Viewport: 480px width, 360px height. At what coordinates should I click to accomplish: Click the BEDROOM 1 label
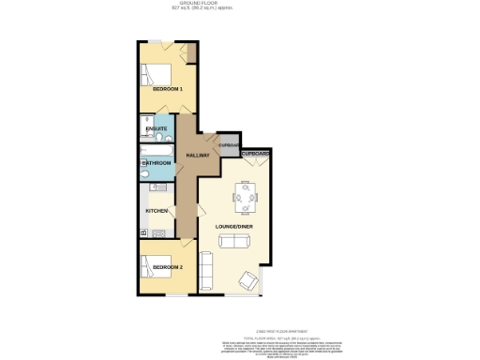[x=167, y=89]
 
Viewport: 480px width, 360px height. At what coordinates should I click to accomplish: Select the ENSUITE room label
[x=157, y=128]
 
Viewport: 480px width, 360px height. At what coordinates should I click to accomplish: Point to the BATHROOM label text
[x=157, y=163]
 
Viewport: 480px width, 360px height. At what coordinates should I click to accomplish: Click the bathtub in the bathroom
[x=156, y=149]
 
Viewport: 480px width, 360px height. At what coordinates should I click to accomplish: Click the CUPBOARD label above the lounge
[x=256, y=153]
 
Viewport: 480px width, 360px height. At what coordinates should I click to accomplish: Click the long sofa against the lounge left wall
[x=207, y=272]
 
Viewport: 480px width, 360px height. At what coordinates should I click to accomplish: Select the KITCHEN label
[x=156, y=211]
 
